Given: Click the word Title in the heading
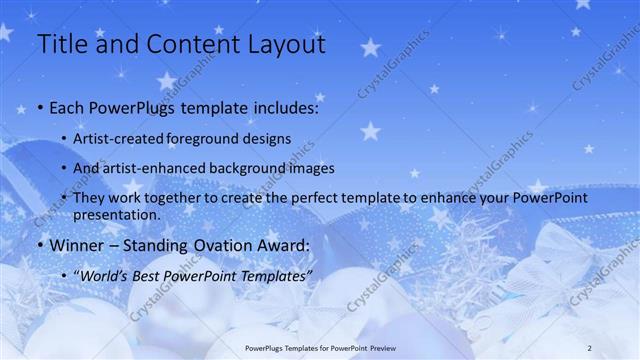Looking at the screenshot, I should point(61,44).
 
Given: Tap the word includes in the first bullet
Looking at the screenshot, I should point(283,107).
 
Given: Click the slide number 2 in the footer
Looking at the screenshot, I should point(590,347).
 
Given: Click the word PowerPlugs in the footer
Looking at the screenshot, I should point(266,347).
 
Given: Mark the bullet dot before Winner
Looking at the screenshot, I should point(39,246).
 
